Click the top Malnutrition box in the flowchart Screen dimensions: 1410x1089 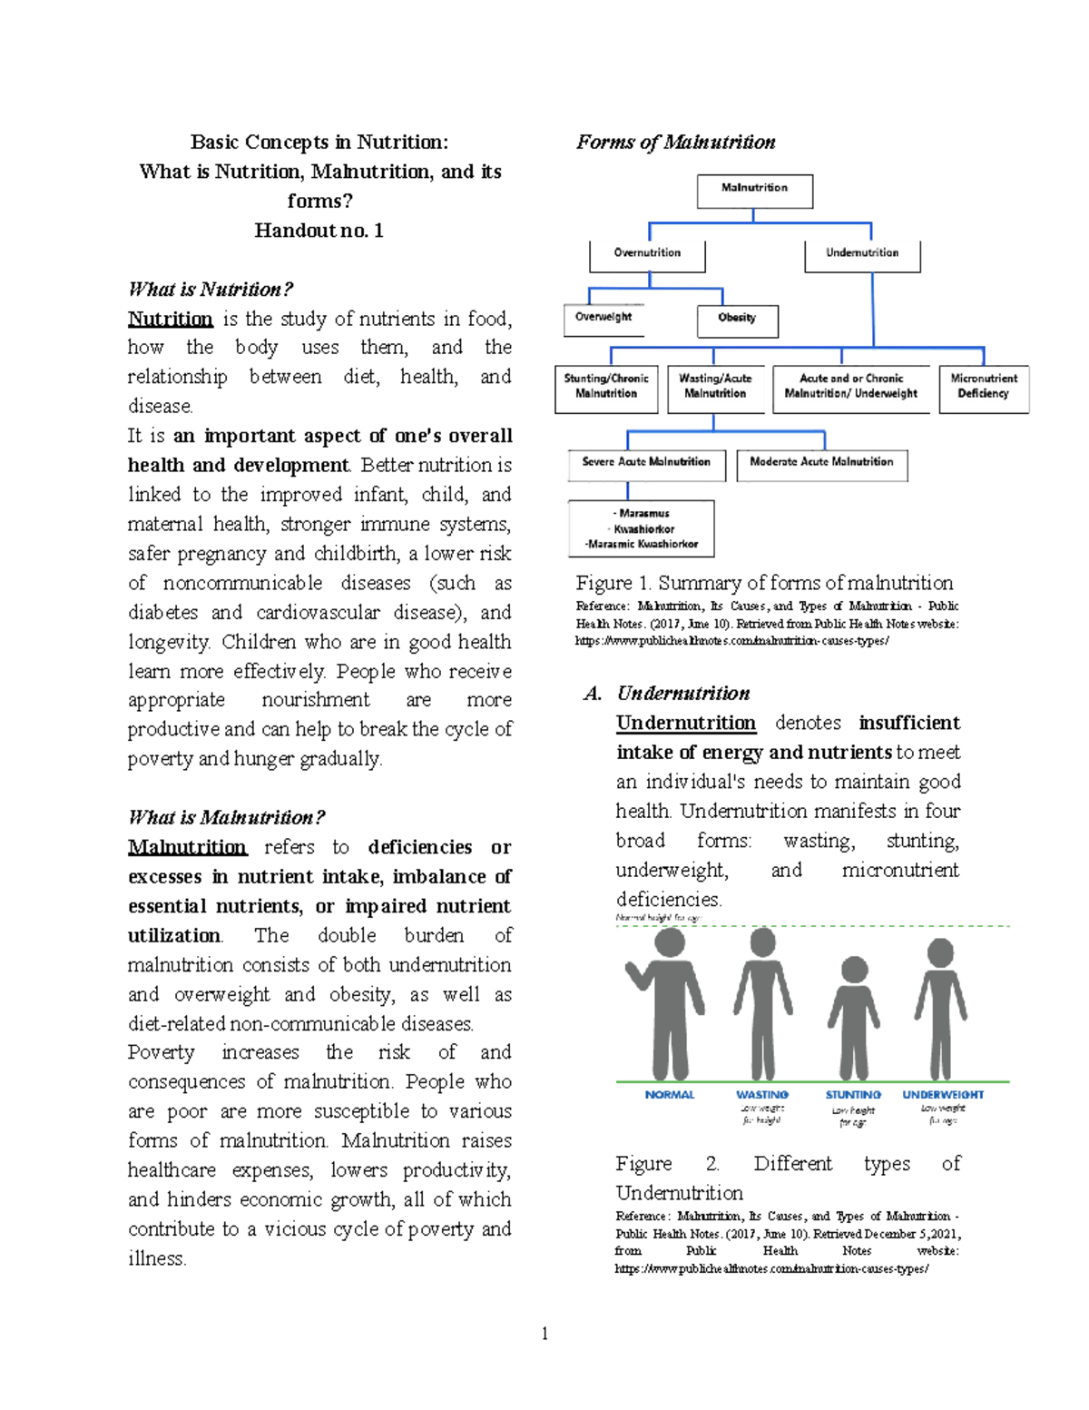(x=754, y=189)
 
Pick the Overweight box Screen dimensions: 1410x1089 (x=603, y=318)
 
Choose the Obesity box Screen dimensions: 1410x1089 (x=737, y=319)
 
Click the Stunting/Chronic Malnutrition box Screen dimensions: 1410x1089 (x=606, y=387)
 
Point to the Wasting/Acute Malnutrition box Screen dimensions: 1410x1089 (x=715, y=387)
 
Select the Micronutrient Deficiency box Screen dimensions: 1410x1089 (x=984, y=387)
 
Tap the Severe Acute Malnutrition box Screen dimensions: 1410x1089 (x=646, y=463)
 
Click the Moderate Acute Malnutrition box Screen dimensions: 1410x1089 (x=821, y=463)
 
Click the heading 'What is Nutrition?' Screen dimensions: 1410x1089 (x=211, y=290)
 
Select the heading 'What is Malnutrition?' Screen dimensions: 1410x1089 (x=226, y=817)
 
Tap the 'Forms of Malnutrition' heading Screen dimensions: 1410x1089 (x=676, y=143)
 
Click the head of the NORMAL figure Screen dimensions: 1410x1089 (x=670, y=942)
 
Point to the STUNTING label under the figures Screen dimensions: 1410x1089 (x=853, y=1095)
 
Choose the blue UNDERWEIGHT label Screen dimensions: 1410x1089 (x=943, y=1095)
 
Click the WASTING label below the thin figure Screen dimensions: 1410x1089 (x=762, y=1095)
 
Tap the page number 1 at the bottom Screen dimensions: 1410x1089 (x=544, y=1333)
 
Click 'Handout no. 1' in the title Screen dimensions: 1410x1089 (x=319, y=231)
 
